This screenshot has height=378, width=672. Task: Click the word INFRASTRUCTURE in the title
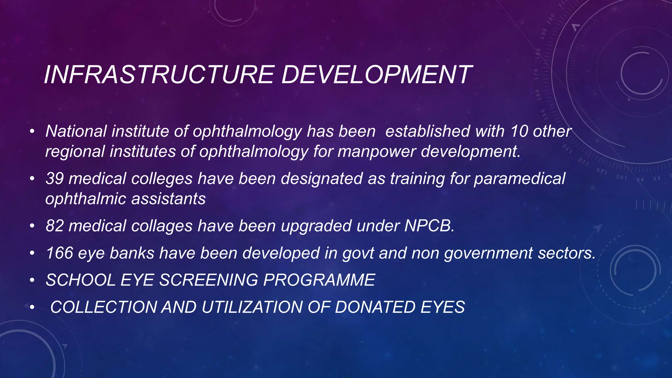[x=159, y=75]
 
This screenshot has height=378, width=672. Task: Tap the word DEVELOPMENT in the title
[x=376, y=75]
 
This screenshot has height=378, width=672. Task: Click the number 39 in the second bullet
[x=54, y=179]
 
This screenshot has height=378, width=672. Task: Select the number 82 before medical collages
[x=54, y=226]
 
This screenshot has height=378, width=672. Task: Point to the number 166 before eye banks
[x=59, y=253]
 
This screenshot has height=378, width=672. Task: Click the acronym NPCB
[x=429, y=226]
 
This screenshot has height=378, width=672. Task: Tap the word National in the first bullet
[x=76, y=131]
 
